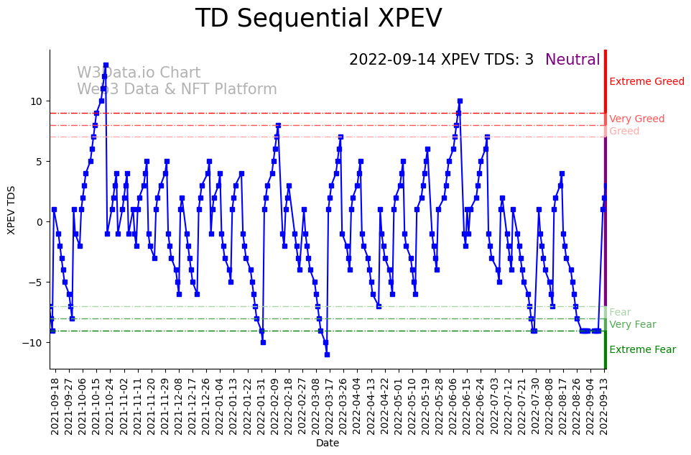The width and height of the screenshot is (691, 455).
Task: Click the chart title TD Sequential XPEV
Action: pyautogui.click(x=318, y=19)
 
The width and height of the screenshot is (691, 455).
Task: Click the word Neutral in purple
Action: pyautogui.click(x=572, y=60)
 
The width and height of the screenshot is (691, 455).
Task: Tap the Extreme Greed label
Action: pyautogui.click(x=646, y=82)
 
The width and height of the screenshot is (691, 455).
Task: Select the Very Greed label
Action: pyautogui.click(x=636, y=119)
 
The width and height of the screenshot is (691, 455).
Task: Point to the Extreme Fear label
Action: pyautogui.click(x=642, y=350)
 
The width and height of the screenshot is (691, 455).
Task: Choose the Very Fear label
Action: pyautogui.click(x=632, y=325)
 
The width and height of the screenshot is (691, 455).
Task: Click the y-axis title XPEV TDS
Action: pyautogui.click(x=11, y=209)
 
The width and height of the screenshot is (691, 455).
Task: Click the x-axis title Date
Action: pyautogui.click(x=328, y=443)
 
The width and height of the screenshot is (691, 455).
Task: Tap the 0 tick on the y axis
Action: pyautogui.click(x=41, y=222)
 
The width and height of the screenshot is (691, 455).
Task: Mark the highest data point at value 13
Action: pyautogui.click(x=106, y=65)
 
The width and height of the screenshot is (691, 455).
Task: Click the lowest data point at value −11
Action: pyautogui.click(x=327, y=354)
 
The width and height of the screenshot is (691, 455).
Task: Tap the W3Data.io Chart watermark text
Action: pyautogui.click(x=139, y=73)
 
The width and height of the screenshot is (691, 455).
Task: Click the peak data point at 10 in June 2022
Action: pyautogui.click(x=460, y=101)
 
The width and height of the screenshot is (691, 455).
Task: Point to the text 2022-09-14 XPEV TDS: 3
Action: pyautogui.click(x=441, y=60)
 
